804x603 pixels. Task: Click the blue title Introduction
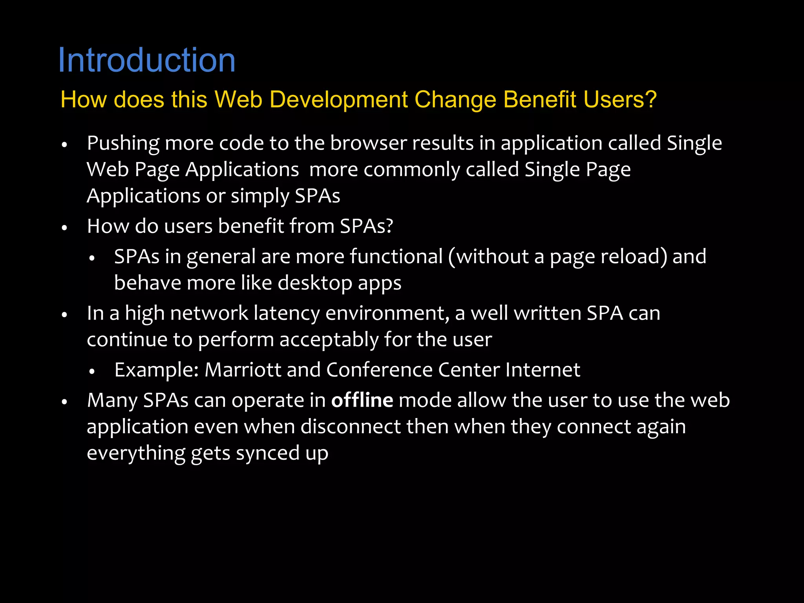point(146,60)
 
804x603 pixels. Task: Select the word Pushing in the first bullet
point(123,143)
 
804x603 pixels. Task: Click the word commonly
point(411,170)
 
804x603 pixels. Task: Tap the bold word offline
point(362,400)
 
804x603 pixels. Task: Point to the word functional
point(396,257)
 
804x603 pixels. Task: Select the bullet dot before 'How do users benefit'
point(65,228)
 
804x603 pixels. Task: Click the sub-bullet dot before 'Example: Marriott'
point(92,371)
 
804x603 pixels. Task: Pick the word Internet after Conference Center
point(543,370)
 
